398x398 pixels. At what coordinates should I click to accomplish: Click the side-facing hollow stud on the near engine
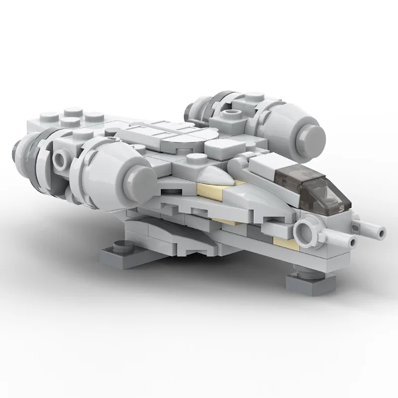(x=61, y=160)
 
